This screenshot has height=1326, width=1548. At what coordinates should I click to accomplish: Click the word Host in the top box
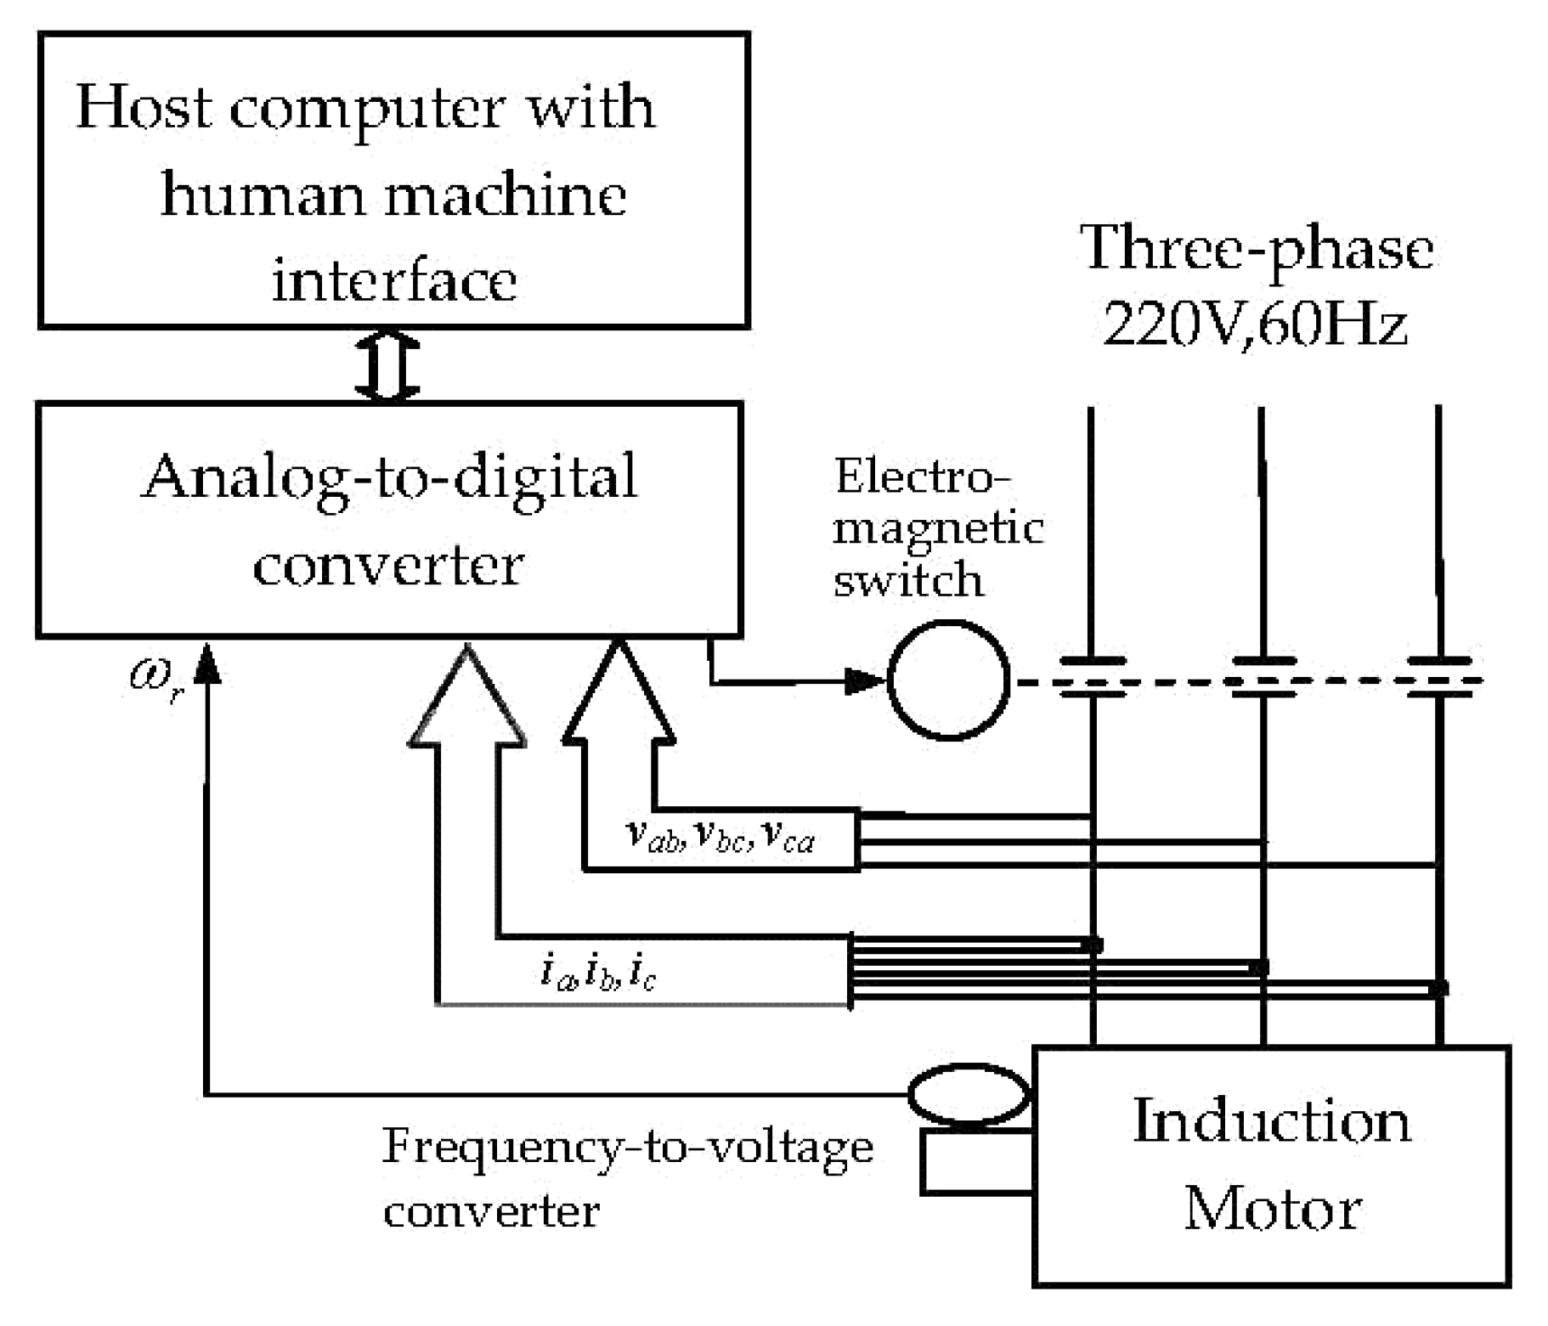[144, 109]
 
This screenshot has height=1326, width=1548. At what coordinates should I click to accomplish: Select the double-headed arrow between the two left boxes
[387, 365]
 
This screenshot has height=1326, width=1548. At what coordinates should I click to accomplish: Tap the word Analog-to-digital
[389, 477]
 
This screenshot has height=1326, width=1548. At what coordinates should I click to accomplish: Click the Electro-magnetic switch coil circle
[948, 680]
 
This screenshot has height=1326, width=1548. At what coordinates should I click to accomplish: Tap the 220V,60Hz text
[1255, 324]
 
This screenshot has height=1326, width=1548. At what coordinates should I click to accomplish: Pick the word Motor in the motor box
[1272, 1209]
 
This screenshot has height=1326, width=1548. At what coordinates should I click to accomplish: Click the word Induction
[1272, 1121]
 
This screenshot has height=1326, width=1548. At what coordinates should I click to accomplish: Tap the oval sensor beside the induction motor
[969, 1095]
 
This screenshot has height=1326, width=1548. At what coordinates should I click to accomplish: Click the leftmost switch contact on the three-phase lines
[1093, 678]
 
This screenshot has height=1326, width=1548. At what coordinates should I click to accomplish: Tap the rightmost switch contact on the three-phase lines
[1439, 678]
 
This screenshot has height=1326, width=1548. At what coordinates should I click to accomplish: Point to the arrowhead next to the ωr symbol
[206, 663]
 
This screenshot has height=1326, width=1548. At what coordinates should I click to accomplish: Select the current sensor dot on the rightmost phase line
[1438, 989]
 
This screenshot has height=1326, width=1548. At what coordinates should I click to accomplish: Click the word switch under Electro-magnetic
[908, 580]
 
